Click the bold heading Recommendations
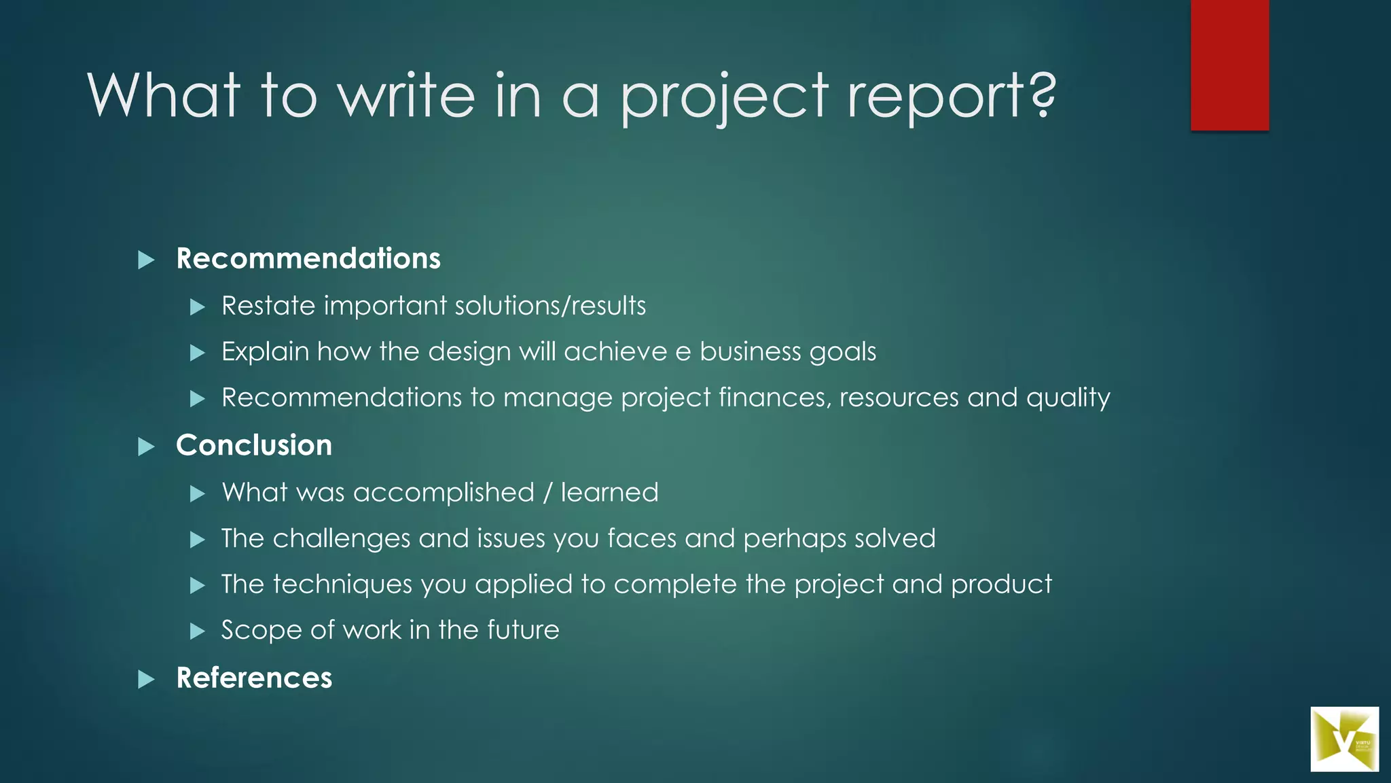308,259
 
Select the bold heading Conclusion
254,446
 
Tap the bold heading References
254,678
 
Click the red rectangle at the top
1229,65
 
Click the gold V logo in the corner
1343,739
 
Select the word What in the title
164,95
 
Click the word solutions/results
550,307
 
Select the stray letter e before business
683,353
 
